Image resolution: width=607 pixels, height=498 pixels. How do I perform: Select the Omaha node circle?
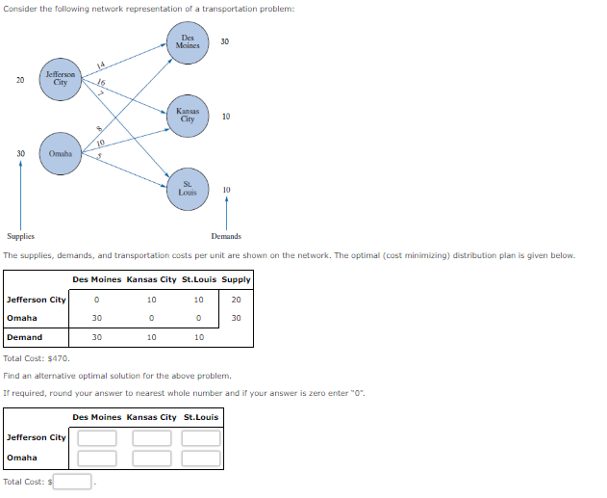[61, 154]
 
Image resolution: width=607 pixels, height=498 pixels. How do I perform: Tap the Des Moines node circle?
[188, 43]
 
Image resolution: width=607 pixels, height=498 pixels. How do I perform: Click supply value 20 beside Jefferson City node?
[20, 80]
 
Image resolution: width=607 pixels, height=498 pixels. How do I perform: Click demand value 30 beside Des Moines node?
[225, 41]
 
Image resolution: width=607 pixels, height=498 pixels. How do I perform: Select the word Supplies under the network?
[20, 236]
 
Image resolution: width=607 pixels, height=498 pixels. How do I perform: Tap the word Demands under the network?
[226, 236]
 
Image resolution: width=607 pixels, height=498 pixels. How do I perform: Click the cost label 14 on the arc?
[100, 66]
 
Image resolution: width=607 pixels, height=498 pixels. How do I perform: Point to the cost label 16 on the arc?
[101, 83]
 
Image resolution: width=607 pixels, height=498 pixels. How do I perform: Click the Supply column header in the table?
[236, 279]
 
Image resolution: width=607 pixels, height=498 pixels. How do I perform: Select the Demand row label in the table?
[25, 337]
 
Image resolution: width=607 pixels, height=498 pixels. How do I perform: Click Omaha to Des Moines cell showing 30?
[96, 318]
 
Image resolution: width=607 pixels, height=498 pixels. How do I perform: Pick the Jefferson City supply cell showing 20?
[236, 300]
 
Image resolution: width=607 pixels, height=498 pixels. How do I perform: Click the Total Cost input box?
[72, 482]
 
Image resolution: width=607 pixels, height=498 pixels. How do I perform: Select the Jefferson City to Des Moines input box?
[97, 438]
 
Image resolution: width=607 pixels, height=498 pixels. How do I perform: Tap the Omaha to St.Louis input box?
[200, 458]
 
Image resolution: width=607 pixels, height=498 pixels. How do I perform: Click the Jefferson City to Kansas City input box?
[151, 438]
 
